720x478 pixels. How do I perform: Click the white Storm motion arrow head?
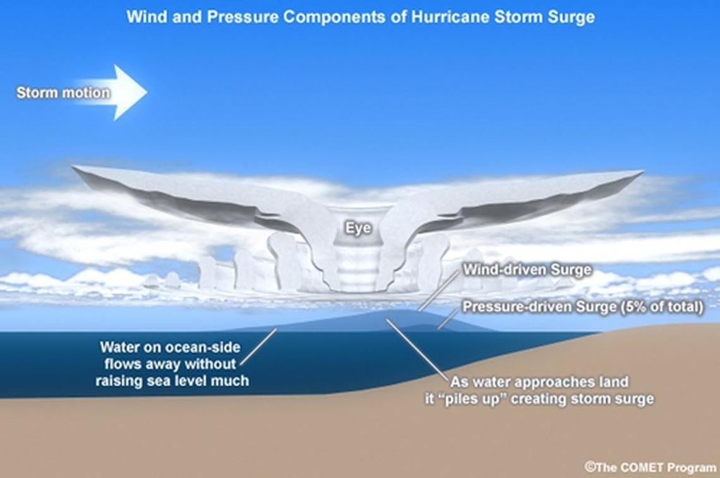point(131,93)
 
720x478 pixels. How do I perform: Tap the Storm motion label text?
point(63,93)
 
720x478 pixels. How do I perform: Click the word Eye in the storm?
point(358,228)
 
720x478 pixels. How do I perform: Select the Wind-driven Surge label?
point(527,269)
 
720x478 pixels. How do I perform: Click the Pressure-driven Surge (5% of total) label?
point(583,306)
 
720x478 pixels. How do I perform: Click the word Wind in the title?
point(141,17)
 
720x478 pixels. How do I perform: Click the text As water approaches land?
point(539,382)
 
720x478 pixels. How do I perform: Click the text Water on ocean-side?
point(170,347)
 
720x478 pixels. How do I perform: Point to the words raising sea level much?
point(172,380)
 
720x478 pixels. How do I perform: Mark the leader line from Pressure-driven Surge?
point(448,318)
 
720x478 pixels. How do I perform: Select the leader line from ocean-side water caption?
point(258,346)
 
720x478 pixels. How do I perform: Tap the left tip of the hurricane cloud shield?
point(73,168)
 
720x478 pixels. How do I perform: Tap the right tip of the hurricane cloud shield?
point(642,172)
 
